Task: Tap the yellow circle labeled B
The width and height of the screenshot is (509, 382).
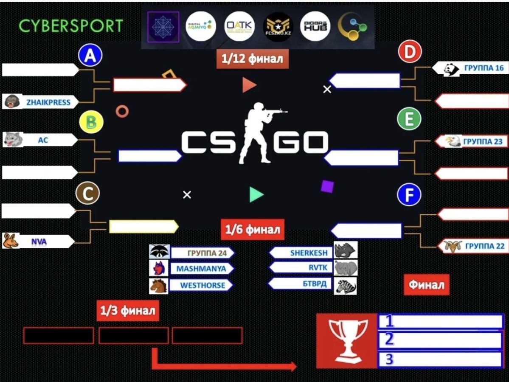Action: tap(91, 123)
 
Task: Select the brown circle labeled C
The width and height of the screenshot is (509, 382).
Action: tap(87, 194)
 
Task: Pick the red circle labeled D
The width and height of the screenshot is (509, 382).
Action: tap(410, 53)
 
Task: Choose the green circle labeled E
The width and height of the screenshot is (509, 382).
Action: tap(409, 119)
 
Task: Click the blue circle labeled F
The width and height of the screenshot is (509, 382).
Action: tap(409, 195)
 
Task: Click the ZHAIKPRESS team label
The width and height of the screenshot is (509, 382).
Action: tap(48, 102)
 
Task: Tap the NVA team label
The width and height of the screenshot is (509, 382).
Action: tap(39, 242)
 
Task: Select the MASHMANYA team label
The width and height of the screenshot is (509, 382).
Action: tap(201, 269)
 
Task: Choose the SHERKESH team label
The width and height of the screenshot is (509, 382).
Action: tap(308, 253)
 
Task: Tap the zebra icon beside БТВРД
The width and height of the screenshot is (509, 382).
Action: tap(345, 286)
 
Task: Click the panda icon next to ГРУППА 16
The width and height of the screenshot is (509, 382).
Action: tap(451, 69)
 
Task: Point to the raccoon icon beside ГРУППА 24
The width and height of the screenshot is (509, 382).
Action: tap(159, 252)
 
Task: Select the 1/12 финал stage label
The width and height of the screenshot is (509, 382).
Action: tap(252, 59)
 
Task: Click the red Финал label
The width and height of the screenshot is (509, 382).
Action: tap(426, 285)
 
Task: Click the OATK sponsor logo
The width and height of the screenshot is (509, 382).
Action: tap(239, 26)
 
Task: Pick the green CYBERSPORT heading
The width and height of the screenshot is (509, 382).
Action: tap(70, 26)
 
